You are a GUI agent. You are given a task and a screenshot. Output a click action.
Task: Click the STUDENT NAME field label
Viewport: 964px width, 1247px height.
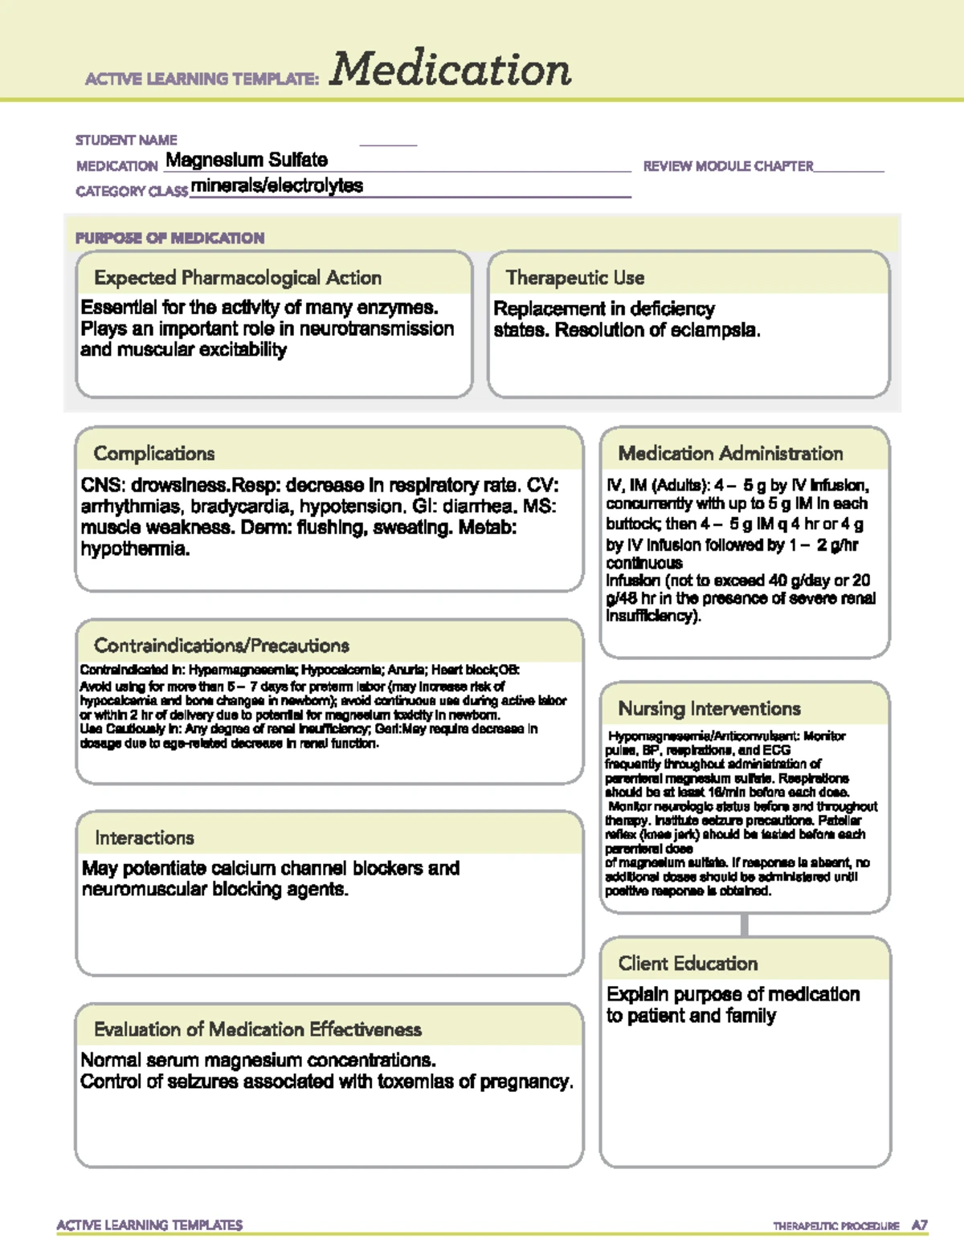126,140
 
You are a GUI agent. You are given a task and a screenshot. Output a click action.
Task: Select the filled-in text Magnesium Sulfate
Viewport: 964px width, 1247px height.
247,160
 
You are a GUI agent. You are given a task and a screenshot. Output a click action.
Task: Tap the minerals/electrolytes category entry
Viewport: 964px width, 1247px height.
277,185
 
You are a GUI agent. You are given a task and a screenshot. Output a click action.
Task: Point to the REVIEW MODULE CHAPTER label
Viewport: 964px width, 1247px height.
728,166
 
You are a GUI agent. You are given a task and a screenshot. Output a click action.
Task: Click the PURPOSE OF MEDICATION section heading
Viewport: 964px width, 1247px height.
170,238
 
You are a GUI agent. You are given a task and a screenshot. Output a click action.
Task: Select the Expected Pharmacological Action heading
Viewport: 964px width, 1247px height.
238,278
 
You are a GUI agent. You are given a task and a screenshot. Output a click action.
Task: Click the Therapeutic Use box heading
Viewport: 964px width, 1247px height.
575,278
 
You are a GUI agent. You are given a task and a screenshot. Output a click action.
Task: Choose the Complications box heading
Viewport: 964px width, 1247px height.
154,454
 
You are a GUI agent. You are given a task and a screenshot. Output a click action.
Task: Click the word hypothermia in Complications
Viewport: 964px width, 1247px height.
135,549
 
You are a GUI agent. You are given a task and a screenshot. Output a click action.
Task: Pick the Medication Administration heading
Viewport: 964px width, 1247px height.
730,454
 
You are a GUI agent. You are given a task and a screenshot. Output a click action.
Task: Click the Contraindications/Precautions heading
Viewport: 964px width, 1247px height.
222,646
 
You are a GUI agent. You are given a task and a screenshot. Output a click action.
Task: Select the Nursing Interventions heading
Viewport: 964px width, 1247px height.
709,708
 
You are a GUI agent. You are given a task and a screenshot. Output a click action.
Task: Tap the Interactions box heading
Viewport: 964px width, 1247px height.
145,837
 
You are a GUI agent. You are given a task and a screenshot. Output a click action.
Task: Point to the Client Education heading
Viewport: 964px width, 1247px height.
688,964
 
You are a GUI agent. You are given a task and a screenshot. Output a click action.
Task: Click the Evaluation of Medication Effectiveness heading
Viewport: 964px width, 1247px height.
257,1029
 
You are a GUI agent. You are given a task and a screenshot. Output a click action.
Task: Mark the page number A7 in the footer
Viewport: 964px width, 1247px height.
919,1225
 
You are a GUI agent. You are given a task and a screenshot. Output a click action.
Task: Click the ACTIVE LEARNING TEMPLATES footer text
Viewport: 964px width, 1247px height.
149,1225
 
